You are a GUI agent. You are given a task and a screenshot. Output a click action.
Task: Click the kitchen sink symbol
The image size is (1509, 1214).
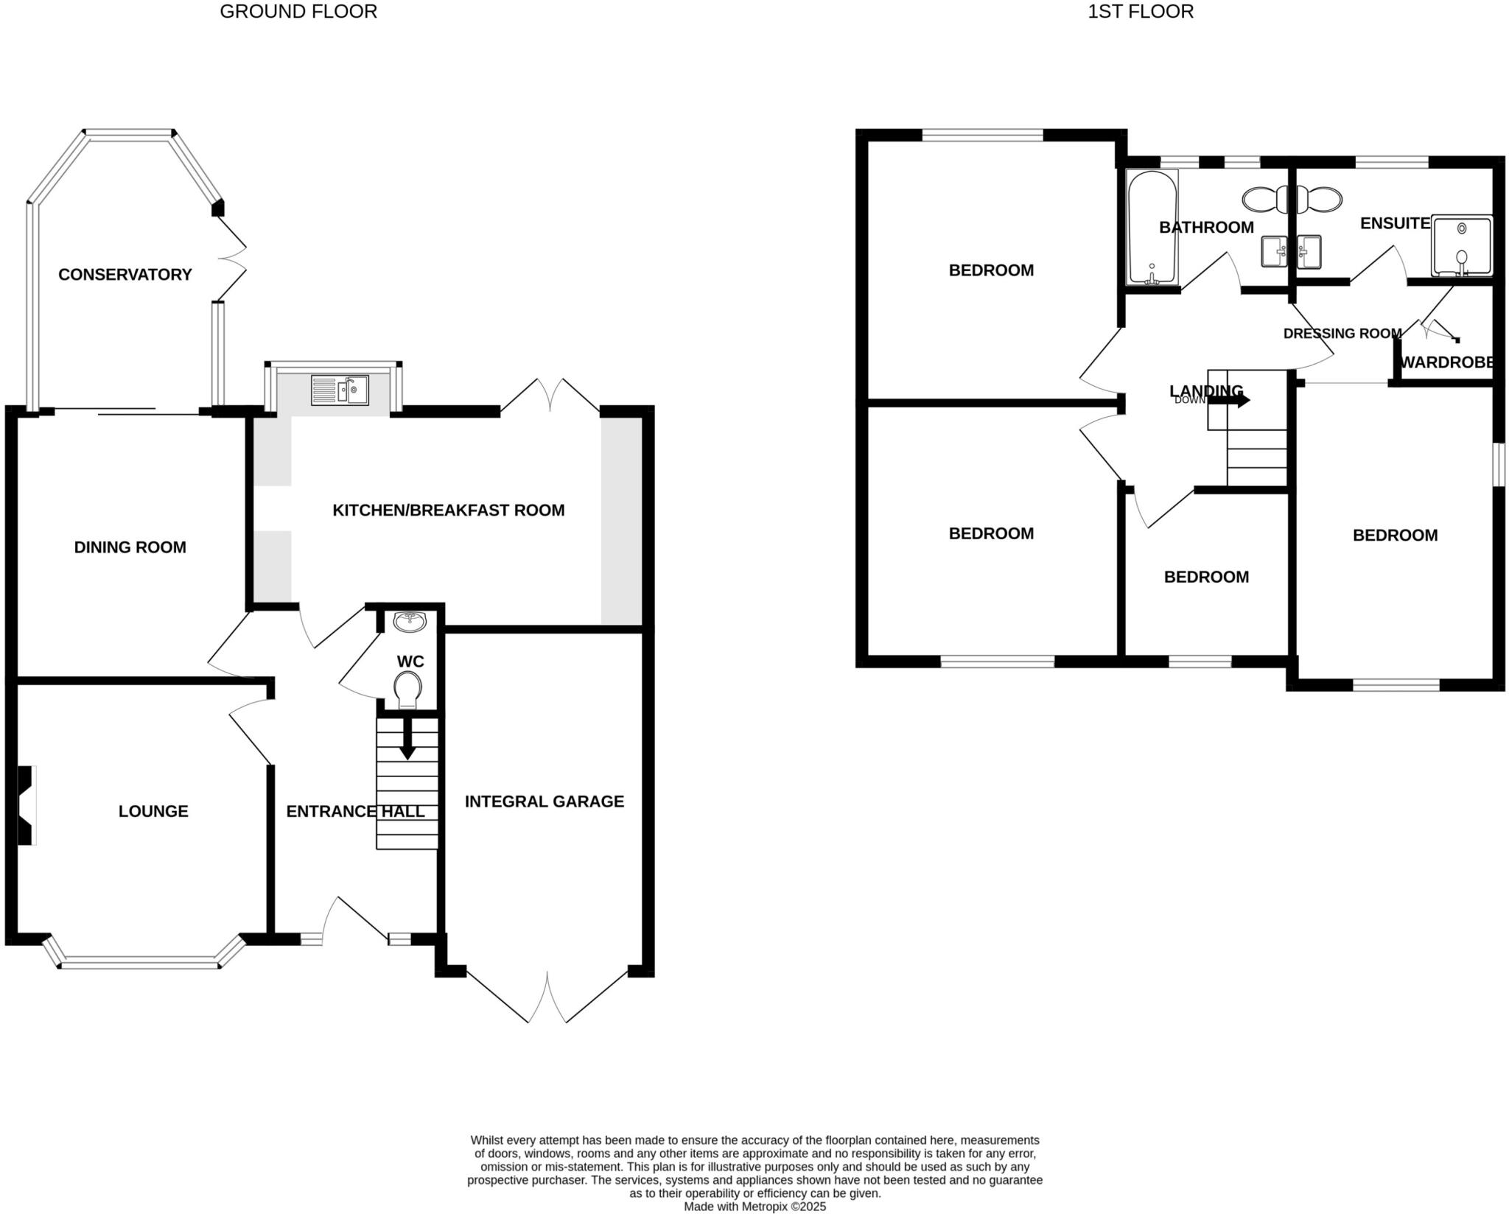point(340,390)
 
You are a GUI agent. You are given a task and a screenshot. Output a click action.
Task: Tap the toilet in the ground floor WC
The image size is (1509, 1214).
point(407,690)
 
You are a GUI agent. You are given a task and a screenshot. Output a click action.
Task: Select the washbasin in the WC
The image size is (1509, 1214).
point(410,622)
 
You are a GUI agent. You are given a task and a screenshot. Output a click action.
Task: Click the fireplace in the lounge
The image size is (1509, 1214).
point(27,805)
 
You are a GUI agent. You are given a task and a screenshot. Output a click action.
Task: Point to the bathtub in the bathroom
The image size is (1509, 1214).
point(1152,227)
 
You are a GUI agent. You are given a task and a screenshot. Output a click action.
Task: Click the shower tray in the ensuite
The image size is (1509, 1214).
point(1462,245)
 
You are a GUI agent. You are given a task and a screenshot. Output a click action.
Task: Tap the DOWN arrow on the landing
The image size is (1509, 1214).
point(1228,401)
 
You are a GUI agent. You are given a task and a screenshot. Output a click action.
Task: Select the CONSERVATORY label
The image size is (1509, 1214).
point(125,275)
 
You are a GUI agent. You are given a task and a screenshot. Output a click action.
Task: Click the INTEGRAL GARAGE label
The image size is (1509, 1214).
point(544,801)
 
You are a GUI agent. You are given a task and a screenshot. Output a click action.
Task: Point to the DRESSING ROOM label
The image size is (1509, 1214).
point(1342,334)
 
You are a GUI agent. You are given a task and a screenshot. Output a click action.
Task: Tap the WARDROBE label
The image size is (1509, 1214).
point(1446,362)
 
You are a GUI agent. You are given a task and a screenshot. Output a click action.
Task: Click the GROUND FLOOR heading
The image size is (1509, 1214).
point(298,12)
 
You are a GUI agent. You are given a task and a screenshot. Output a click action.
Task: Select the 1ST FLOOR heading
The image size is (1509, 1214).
point(1140,12)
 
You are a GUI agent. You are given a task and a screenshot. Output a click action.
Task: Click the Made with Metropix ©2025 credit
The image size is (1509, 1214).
point(754,1207)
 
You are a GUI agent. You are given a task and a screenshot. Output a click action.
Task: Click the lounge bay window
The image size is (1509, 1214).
point(140,961)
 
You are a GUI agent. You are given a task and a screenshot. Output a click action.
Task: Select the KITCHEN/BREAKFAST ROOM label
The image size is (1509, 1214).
point(448,510)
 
